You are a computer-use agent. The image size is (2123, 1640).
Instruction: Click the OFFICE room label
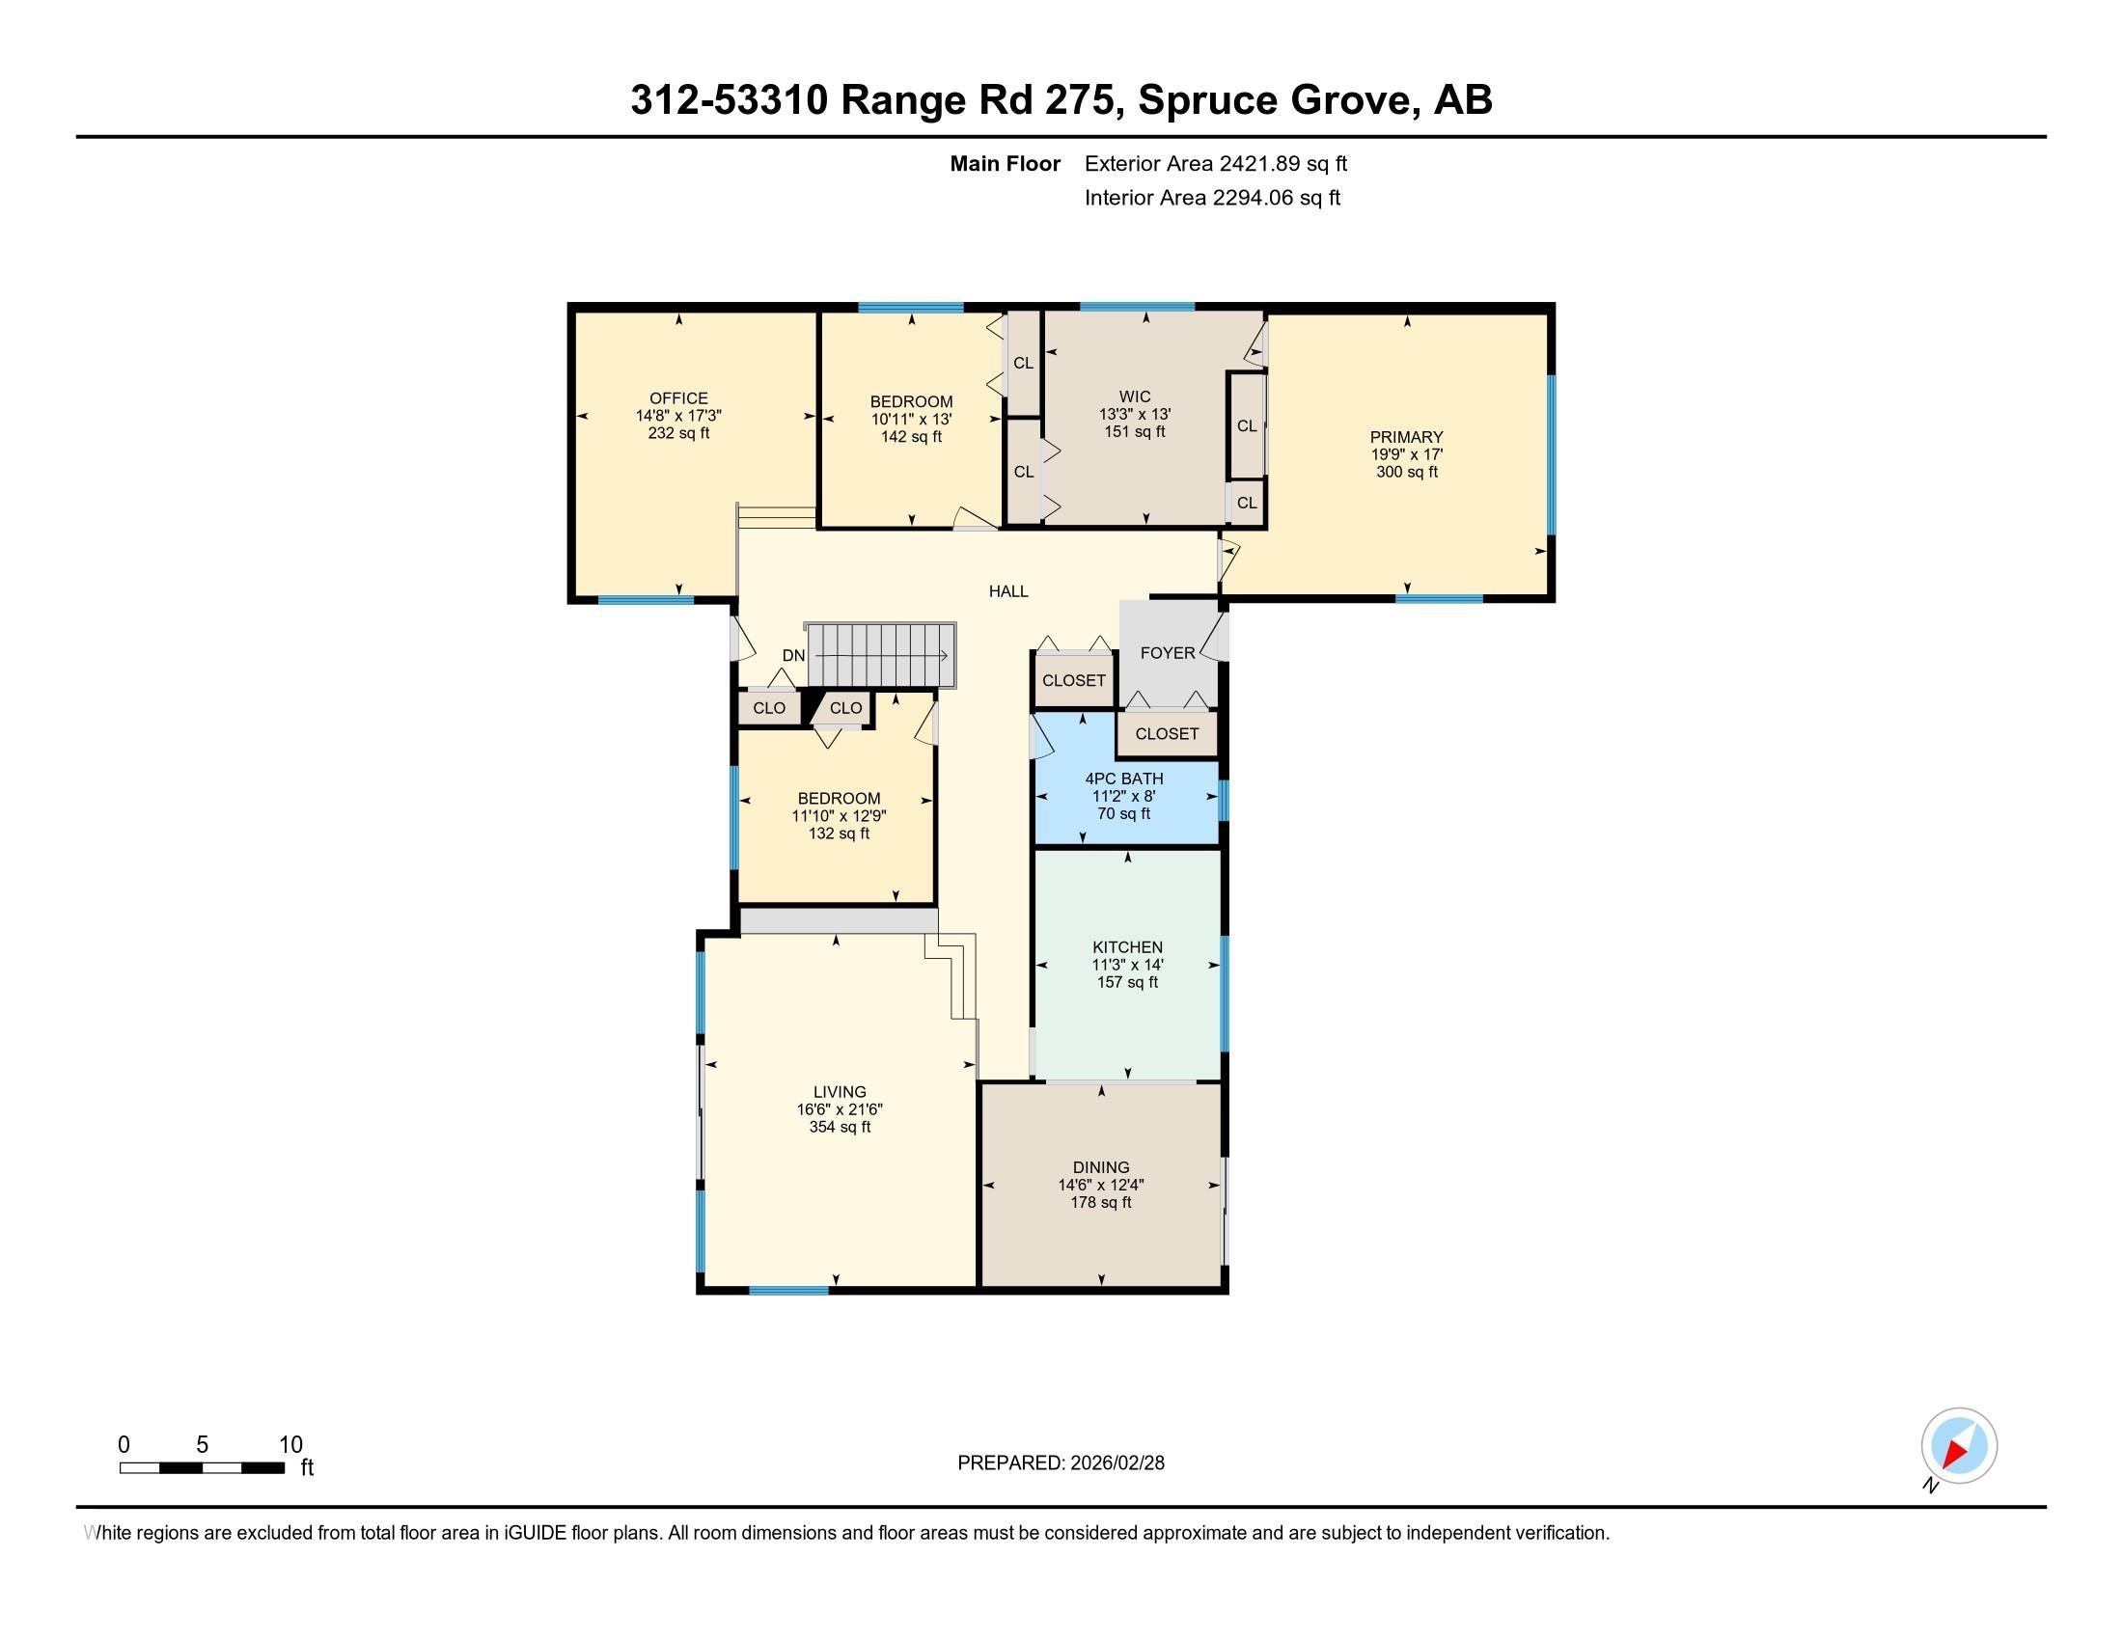point(678,398)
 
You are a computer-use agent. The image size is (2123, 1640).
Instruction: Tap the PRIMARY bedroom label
point(1406,437)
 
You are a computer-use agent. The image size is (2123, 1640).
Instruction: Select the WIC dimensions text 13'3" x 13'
point(1135,414)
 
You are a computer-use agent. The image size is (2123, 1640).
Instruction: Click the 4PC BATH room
point(1123,796)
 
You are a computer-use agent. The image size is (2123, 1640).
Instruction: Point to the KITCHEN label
point(1126,947)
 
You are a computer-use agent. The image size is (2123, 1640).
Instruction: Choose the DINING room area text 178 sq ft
point(1100,1203)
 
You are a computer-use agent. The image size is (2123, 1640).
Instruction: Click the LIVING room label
point(839,1092)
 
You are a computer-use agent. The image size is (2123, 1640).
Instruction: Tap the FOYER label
point(1167,653)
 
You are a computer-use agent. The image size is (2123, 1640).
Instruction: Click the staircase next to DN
point(881,655)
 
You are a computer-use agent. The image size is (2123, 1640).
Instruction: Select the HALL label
point(1008,590)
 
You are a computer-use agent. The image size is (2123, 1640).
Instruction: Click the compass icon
point(1958,1446)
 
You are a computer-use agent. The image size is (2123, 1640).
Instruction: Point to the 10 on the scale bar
point(290,1445)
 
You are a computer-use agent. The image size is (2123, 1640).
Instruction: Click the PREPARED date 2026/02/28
point(1116,1463)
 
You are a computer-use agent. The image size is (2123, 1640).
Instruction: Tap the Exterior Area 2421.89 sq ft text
point(1215,163)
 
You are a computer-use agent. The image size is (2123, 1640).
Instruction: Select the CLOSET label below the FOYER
point(1167,733)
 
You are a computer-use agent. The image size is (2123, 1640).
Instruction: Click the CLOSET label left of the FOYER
point(1073,680)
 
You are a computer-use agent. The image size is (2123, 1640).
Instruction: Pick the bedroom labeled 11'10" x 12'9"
point(838,816)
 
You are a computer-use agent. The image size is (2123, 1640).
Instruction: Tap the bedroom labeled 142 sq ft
point(911,420)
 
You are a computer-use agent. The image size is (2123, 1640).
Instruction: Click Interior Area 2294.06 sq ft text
point(1212,198)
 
